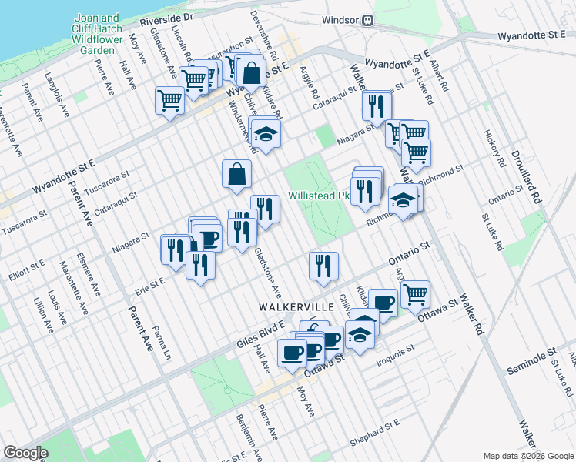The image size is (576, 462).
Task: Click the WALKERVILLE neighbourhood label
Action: click(296, 307)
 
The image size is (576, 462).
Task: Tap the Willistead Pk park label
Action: click(319, 196)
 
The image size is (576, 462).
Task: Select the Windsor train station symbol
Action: click(368, 21)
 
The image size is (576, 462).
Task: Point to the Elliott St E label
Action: click(26, 266)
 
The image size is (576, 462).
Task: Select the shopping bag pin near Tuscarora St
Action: click(236, 175)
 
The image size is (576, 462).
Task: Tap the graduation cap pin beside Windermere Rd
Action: click(266, 134)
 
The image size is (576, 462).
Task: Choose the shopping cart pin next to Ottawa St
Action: click(415, 293)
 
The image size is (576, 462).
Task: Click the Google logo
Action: click(25, 453)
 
